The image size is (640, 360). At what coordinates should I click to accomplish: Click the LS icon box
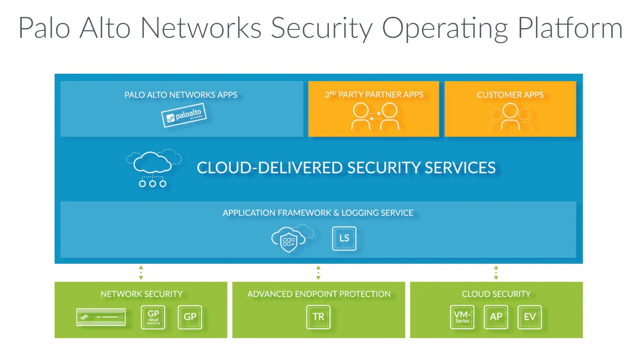344,238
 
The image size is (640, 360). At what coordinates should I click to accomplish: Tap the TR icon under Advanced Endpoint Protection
318,317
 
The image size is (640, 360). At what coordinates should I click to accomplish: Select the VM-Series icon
462,317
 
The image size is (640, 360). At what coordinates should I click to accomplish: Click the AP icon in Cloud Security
496,317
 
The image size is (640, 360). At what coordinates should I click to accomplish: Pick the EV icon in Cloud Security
529,317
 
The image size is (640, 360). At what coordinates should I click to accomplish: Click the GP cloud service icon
153,317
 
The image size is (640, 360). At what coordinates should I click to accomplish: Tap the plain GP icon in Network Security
190,317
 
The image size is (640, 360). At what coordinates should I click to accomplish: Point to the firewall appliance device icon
102,317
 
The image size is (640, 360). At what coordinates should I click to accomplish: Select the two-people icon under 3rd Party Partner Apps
375,117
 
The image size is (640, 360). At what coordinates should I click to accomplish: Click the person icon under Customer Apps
510,117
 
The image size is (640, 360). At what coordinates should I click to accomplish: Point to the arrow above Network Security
141,272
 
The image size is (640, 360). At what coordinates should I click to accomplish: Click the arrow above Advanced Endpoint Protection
318,272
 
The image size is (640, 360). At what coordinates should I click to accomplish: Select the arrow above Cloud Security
496,272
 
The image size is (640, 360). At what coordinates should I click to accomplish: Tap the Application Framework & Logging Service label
318,213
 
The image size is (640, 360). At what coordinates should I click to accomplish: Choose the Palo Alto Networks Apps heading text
181,95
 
